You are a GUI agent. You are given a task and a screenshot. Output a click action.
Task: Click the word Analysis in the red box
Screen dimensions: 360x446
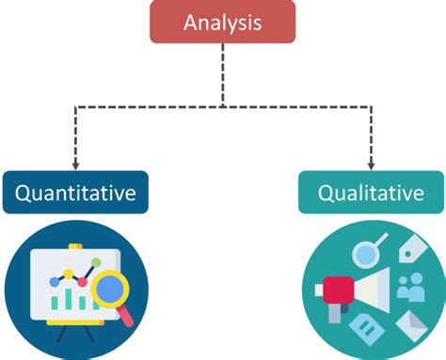click(x=222, y=22)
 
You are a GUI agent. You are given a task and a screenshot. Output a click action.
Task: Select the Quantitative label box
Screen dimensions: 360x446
click(x=74, y=195)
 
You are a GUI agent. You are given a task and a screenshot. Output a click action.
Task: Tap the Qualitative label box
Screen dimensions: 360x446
click(x=371, y=195)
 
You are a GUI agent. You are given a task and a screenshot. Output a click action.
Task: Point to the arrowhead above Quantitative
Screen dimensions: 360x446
click(x=74, y=164)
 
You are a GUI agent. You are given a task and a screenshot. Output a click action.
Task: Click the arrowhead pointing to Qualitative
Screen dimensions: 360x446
click(x=371, y=164)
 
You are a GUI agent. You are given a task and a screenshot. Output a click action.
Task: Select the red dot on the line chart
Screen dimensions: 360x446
click(x=82, y=281)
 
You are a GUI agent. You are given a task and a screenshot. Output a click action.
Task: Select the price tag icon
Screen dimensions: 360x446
click(x=411, y=250)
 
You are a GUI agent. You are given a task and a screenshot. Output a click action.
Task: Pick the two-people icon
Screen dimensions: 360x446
click(x=411, y=287)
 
